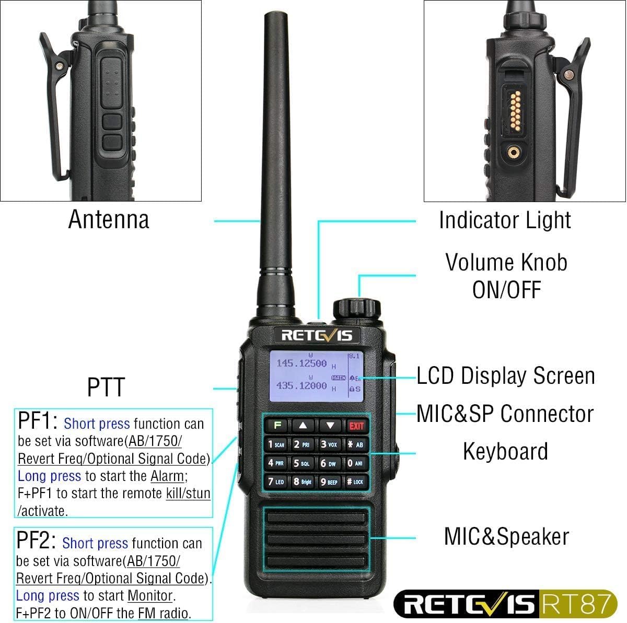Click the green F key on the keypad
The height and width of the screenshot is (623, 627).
tap(277, 426)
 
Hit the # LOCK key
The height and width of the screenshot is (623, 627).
tap(355, 482)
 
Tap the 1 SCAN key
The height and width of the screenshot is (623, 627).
tap(276, 444)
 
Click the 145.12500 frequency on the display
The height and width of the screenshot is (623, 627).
tap(301, 363)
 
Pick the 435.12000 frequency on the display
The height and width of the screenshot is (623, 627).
tap(301, 386)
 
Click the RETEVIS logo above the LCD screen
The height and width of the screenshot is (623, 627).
tap(317, 335)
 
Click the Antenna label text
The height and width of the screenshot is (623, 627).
tap(109, 219)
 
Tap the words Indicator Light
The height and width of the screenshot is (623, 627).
tap(505, 220)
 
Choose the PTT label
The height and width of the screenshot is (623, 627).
tap(106, 387)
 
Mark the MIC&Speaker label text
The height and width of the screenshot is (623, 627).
tap(506, 537)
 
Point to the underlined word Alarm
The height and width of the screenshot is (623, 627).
tap(167, 476)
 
